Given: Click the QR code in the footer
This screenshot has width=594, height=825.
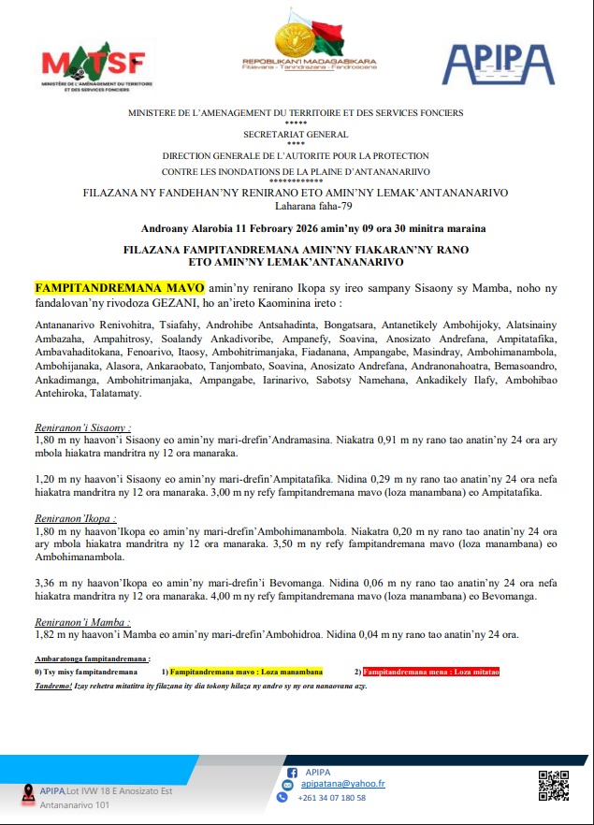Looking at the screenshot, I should (553, 784).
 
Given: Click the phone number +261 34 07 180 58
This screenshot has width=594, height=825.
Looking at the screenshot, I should (331, 798).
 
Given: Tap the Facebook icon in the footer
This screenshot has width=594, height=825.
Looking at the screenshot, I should (289, 772).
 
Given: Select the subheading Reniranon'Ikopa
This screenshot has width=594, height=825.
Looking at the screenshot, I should (76, 517).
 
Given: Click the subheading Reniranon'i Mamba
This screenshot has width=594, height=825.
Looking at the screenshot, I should (82, 621).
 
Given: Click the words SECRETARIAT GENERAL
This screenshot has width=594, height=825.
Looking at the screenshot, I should (296, 135).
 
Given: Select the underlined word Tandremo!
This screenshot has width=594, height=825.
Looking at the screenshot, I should (52, 685).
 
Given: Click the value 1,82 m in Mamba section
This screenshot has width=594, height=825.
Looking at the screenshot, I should (51, 634).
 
